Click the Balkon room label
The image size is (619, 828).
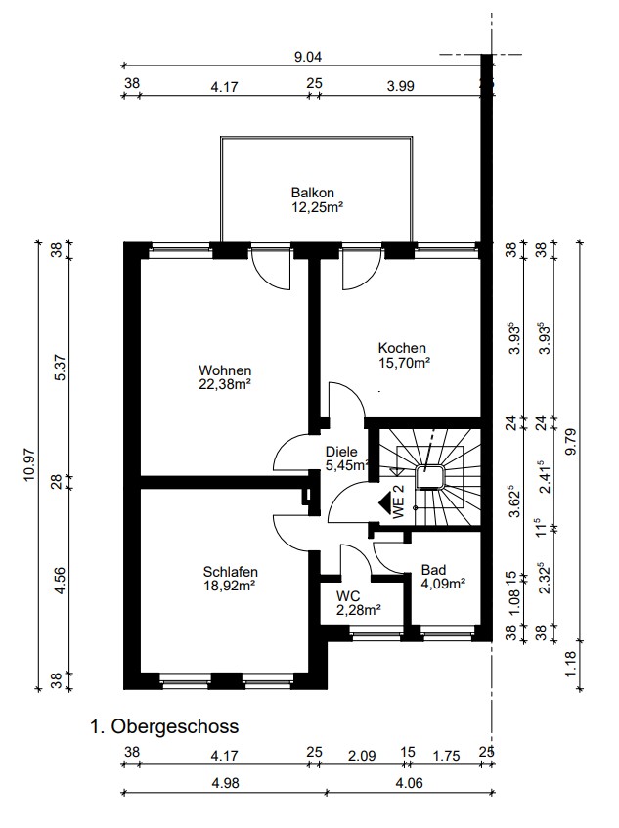313,193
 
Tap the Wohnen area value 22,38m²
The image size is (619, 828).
225,385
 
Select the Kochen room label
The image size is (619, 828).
402,349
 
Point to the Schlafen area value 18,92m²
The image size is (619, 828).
230,586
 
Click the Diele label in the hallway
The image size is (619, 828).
341,452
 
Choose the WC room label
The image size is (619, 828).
348,596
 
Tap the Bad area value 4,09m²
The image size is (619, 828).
443,584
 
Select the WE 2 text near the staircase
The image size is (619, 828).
399,501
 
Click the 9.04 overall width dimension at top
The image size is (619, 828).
308,57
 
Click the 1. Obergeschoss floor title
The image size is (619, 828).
165,726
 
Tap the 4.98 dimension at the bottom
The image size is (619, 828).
226,783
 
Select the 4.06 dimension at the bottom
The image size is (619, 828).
410,783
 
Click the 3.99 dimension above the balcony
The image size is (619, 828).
400,86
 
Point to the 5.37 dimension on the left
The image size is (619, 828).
61,367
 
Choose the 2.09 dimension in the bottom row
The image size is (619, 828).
362,756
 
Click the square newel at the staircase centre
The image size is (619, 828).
429,477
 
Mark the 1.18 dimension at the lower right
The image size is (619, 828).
571,664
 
